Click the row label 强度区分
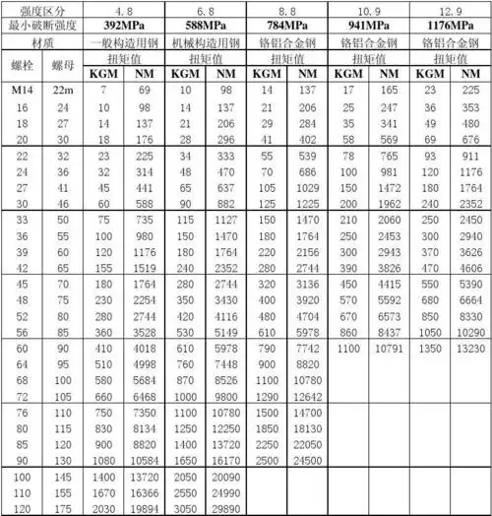41,8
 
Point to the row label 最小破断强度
41,24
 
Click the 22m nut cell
62,91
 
